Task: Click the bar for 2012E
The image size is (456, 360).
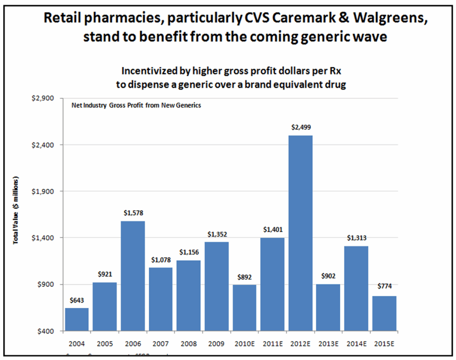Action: coord(301,233)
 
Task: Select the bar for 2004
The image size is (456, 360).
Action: coord(77,320)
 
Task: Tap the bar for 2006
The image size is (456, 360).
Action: coord(133,276)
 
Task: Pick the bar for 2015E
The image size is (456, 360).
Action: coord(384,313)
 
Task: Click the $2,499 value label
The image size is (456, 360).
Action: coord(301,128)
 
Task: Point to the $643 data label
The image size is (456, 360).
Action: coord(77,300)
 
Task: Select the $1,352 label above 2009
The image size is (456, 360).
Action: coord(217,234)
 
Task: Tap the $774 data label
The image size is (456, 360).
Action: coord(384,286)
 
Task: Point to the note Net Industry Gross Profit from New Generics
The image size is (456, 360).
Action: coord(136,105)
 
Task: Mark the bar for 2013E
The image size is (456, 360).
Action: coord(329,307)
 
